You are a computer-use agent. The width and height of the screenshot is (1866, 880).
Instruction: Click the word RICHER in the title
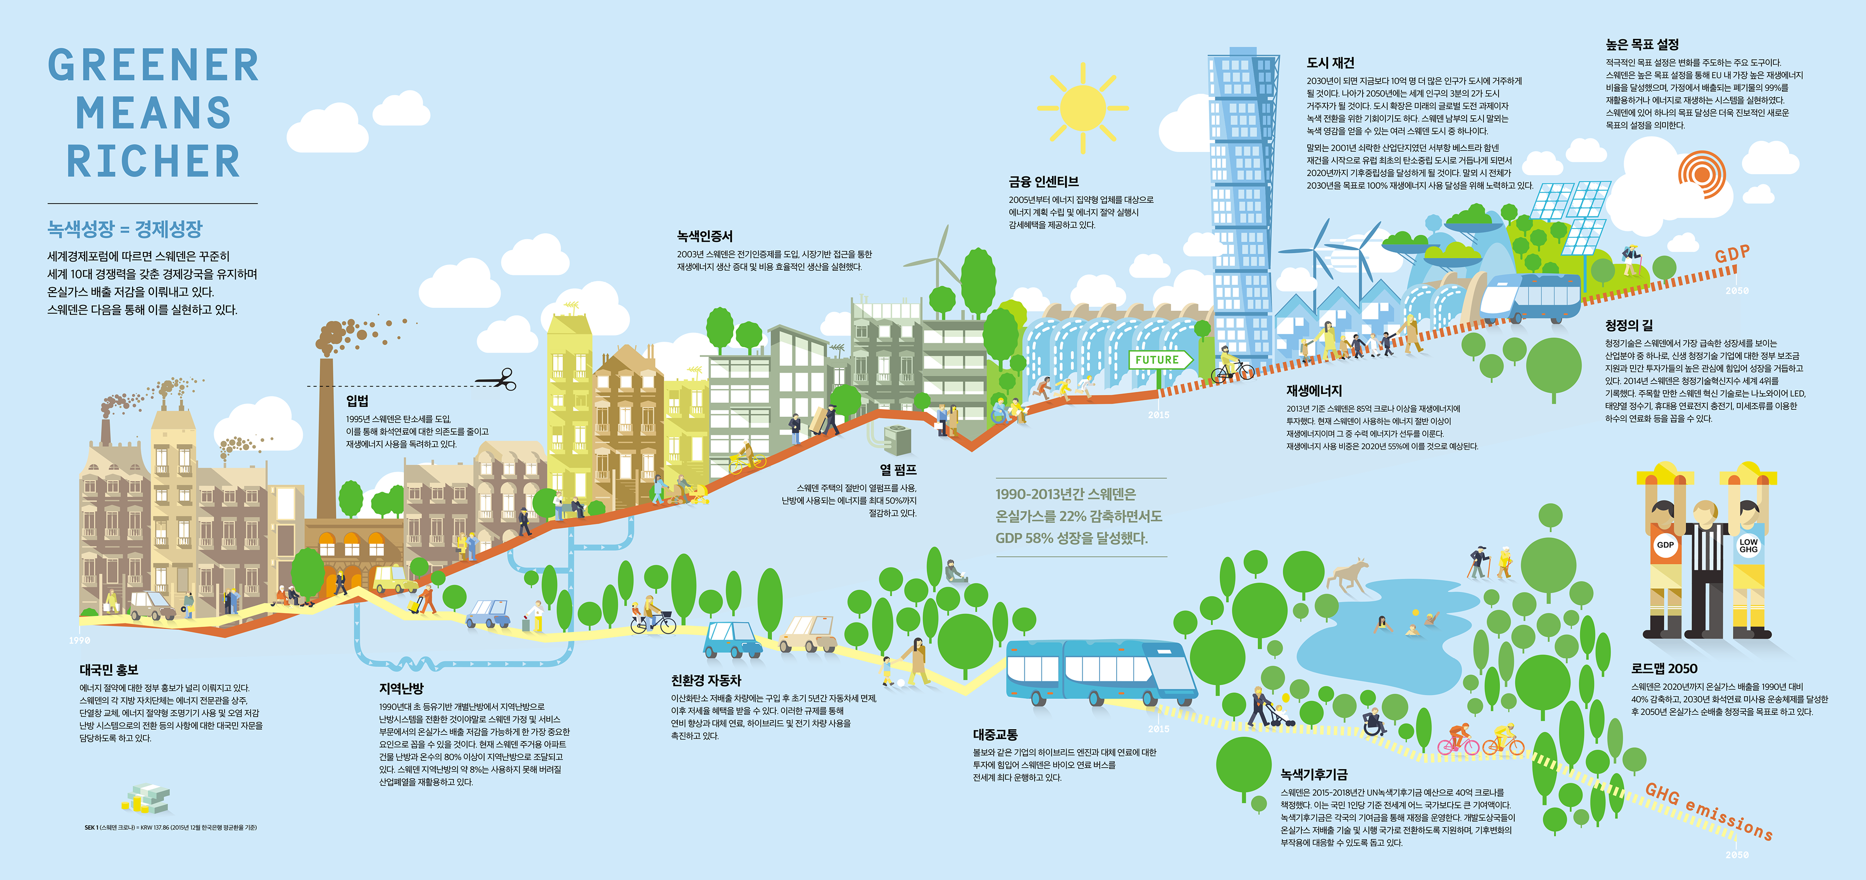coord(154,161)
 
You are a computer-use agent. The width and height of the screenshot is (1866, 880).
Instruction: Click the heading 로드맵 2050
coord(1664,669)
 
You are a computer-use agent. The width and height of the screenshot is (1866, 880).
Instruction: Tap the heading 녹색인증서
coord(704,236)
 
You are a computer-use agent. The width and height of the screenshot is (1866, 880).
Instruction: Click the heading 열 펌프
coord(898,470)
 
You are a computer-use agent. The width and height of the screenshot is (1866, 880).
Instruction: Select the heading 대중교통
coord(995,734)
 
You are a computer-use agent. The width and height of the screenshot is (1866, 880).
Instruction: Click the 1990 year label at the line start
coord(80,640)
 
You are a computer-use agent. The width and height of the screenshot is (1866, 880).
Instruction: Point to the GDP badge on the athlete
coord(1665,545)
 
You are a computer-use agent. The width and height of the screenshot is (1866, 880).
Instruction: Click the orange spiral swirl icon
coord(1702,174)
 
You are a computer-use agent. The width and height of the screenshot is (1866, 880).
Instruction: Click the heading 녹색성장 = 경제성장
coord(124,230)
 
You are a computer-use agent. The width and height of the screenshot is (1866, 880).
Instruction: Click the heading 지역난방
coord(401,688)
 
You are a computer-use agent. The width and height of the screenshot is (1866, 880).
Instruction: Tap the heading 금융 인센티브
coord(1043,182)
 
